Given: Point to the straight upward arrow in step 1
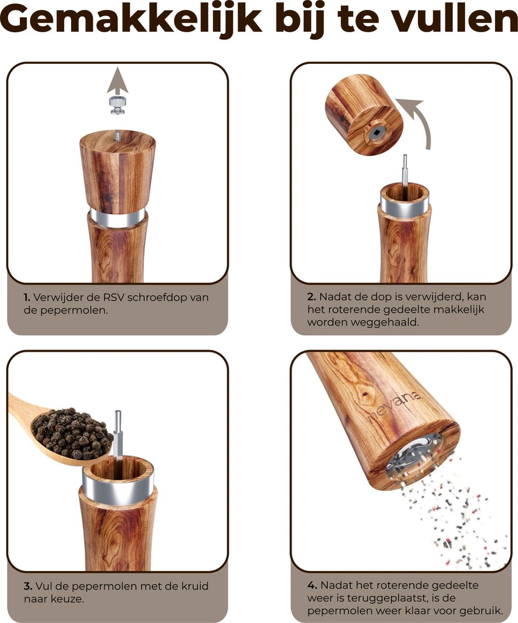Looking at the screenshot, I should [x=118, y=83].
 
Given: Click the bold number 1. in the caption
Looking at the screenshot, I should [x=26, y=297].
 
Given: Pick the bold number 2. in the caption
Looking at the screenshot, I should [x=311, y=297].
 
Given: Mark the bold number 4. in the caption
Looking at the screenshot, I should [x=312, y=585].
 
